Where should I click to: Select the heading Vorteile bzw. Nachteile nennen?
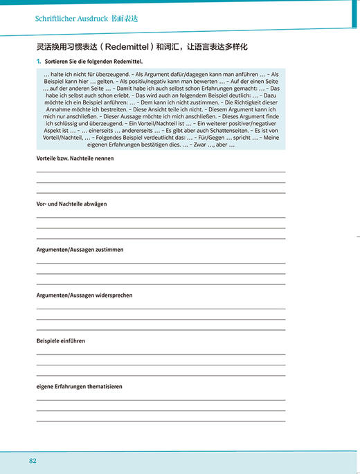[75, 158]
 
